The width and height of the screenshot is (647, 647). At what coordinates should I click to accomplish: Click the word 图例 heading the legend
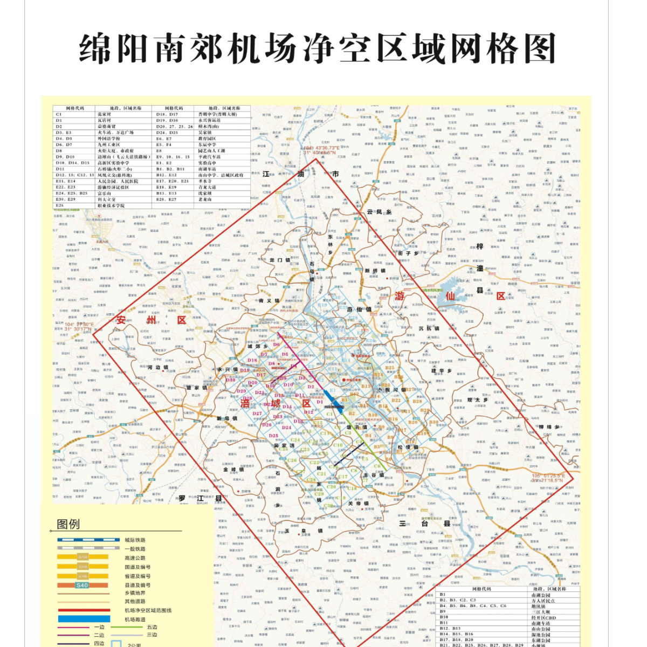(68, 524)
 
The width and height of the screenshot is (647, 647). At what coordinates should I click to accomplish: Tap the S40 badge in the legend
(82, 585)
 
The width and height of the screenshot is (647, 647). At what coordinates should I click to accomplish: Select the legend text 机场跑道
(135, 619)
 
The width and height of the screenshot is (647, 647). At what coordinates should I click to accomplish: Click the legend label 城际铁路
(135, 540)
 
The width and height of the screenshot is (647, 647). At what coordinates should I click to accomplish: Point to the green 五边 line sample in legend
(127, 627)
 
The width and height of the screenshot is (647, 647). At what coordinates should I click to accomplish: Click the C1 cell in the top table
(59, 114)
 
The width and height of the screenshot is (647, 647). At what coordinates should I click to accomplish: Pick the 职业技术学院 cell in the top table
(111, 205)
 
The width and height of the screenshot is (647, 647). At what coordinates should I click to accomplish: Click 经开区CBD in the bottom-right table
(543, 617)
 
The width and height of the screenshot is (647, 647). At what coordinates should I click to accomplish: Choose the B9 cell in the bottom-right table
(443, 611)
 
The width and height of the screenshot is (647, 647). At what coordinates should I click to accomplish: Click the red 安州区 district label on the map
(151, 320)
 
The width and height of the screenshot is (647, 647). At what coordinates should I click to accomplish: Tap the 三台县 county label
(424, 524)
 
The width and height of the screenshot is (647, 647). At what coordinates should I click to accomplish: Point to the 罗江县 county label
(201, 498)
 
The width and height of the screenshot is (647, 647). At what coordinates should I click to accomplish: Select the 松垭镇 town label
(408, 447)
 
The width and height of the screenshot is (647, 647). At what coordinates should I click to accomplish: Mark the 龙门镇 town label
(280, 260)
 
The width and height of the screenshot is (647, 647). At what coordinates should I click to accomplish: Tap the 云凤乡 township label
(379, 212)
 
